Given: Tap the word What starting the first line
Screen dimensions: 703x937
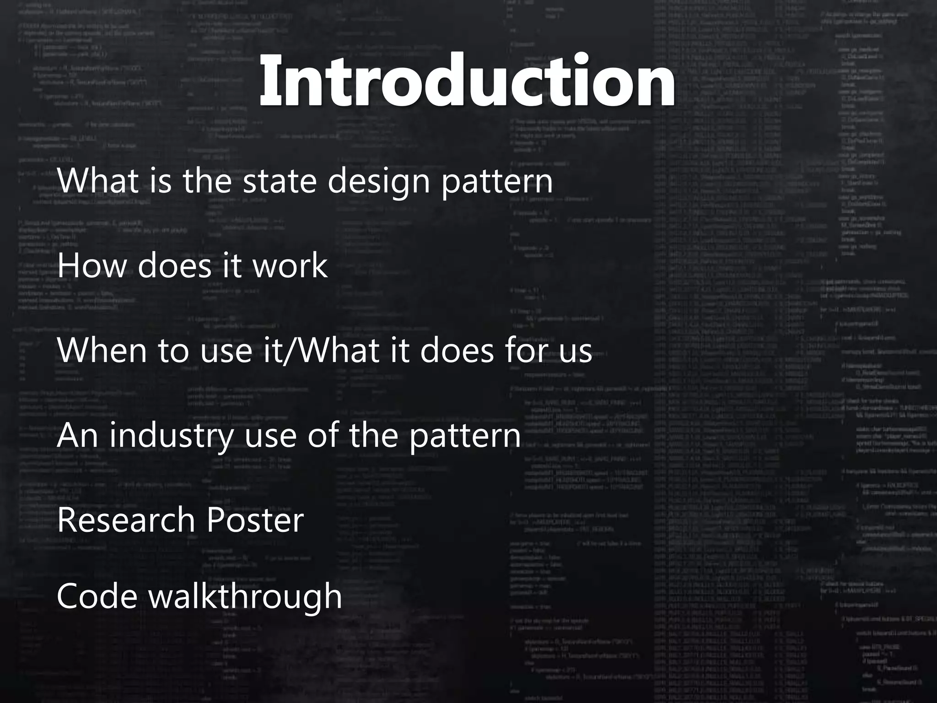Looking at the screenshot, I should coord(98,180).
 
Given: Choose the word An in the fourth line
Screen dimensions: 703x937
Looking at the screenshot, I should coord(77,436).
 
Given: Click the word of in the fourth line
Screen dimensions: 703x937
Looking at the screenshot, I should coord(325,436).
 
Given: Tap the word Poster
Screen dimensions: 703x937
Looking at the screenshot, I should coord(254,520).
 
